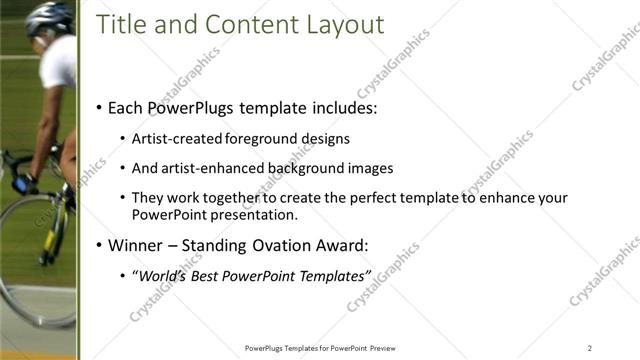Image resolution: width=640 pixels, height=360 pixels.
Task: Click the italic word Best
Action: [x=201, y=275]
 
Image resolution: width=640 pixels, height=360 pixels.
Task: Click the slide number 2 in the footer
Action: [x=590, y=347]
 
